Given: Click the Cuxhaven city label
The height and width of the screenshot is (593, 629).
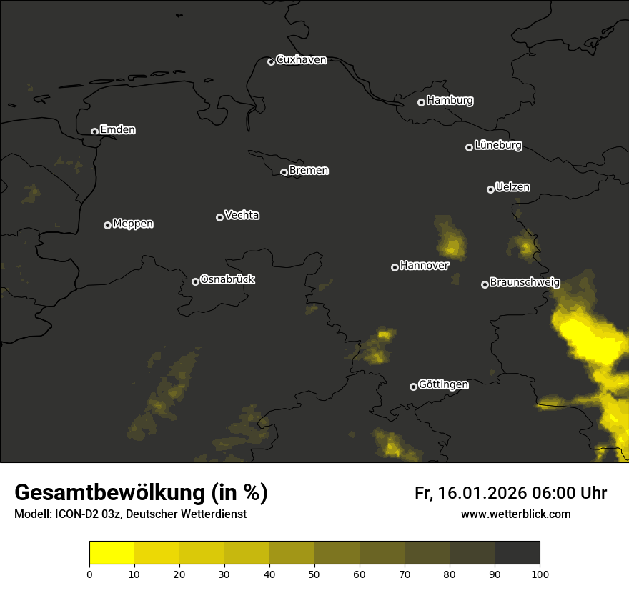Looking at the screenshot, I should [301, 60].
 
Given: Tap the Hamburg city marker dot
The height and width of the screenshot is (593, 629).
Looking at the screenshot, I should [421, 102].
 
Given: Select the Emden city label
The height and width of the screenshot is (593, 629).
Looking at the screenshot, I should [117, 130].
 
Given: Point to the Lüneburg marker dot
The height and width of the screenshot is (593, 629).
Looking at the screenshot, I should [469, 147].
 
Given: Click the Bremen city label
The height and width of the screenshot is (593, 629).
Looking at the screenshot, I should [309, 171].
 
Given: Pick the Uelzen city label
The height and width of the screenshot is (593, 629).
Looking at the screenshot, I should [512, 187].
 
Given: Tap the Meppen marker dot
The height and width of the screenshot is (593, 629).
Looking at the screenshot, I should [107, 225].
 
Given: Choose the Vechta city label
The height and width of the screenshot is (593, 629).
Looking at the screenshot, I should [242, 215].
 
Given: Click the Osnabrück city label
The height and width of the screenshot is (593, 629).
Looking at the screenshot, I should [227, 279].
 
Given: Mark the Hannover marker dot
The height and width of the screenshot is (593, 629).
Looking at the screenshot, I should [395, 267].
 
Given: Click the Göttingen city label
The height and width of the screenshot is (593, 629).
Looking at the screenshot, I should [443, 385].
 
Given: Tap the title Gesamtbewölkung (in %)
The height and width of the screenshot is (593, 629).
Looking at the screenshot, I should [141, 493].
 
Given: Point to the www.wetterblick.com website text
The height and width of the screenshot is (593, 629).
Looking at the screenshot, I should [515, 514].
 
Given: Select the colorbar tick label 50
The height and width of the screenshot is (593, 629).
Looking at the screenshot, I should [314, 574].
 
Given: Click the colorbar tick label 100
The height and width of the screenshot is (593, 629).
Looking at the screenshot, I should [540, 574].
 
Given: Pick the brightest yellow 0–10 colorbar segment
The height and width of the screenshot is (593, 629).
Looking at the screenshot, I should [112, 553].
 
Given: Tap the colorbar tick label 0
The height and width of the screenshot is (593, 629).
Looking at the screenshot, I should [89, 574].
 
